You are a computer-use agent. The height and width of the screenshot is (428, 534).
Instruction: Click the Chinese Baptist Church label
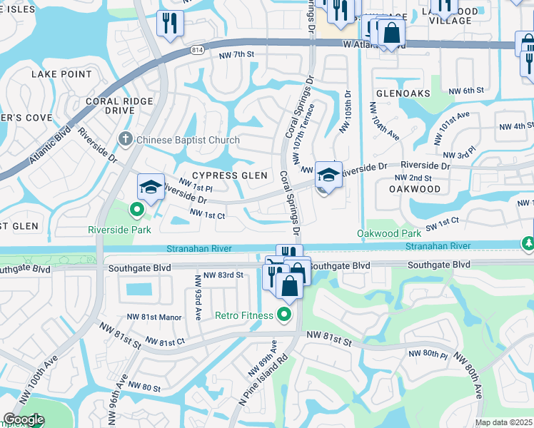click(188, 140)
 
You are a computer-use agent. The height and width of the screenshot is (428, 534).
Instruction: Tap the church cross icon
click(126, 139)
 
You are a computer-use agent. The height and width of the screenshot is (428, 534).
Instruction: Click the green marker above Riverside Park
click(136, 210)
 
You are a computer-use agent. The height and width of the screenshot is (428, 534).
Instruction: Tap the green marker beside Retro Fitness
click(284, 314)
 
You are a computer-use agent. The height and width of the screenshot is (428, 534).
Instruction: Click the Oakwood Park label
click(389, 233)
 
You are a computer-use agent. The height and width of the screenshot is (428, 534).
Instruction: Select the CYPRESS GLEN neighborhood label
click(229, 175)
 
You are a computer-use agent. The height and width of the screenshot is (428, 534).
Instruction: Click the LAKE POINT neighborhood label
click(61, 74)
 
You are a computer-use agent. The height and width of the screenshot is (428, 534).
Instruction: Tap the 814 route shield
click(197, 51)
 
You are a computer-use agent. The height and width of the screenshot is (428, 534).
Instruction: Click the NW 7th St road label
click(236, 55)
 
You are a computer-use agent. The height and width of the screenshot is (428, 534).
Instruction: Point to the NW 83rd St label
click(223, 275)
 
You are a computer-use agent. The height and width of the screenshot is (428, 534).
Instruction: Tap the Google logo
click(23, 419)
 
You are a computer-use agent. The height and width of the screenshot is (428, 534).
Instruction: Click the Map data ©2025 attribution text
click(504, 422)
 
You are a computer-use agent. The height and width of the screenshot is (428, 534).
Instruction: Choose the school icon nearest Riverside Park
click(151, 187)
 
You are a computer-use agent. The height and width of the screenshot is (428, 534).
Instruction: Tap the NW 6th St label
click(466, 91)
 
